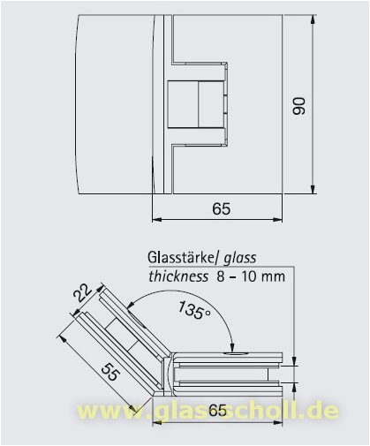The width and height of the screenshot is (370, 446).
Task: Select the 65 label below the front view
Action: (x=222, y=209)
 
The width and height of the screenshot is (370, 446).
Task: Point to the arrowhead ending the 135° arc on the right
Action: (x=231, y=350)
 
